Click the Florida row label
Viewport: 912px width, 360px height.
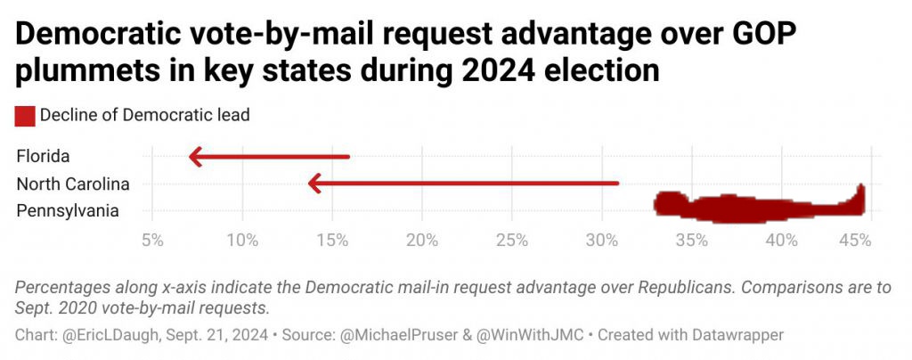(43, 157)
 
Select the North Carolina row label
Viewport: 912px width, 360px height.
(73, 184)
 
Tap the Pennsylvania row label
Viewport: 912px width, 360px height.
(67, 211)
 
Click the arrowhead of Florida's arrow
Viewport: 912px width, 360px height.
(196, 158)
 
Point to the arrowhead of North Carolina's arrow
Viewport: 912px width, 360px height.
(313, 184)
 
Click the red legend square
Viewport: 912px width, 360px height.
(25, 115)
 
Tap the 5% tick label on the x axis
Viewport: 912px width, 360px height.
(153, 240)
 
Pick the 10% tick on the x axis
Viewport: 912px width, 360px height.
(242, 240)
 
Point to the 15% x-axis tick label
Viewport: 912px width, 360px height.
(332, 240)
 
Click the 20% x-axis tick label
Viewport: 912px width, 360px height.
(422, 240)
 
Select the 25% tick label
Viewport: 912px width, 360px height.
(512, 240)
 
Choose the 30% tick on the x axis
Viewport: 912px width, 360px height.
(602, 240)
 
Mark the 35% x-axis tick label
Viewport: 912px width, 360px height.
(692, 240)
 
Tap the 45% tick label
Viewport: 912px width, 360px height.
(855, 240)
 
